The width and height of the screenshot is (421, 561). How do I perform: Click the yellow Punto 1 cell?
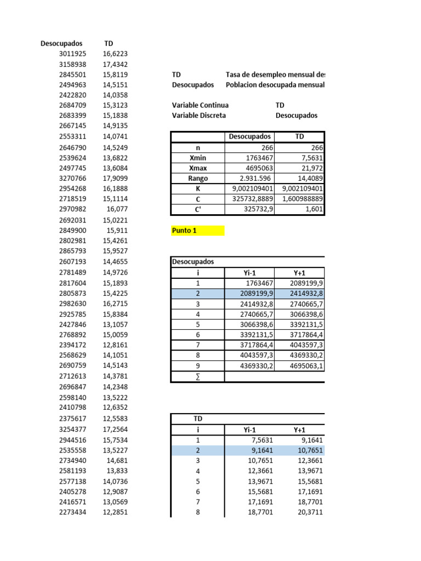tap(197, 231)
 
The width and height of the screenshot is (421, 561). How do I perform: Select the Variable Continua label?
tap(200, 105)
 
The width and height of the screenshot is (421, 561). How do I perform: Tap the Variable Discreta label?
tap(198, 116)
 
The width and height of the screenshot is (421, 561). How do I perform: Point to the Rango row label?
tap(197, 178)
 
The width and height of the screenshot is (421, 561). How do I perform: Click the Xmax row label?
tap(197, 168)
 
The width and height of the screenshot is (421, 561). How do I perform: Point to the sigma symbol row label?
tap(197, 377)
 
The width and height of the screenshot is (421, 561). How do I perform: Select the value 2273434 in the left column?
tap(72, 512)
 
